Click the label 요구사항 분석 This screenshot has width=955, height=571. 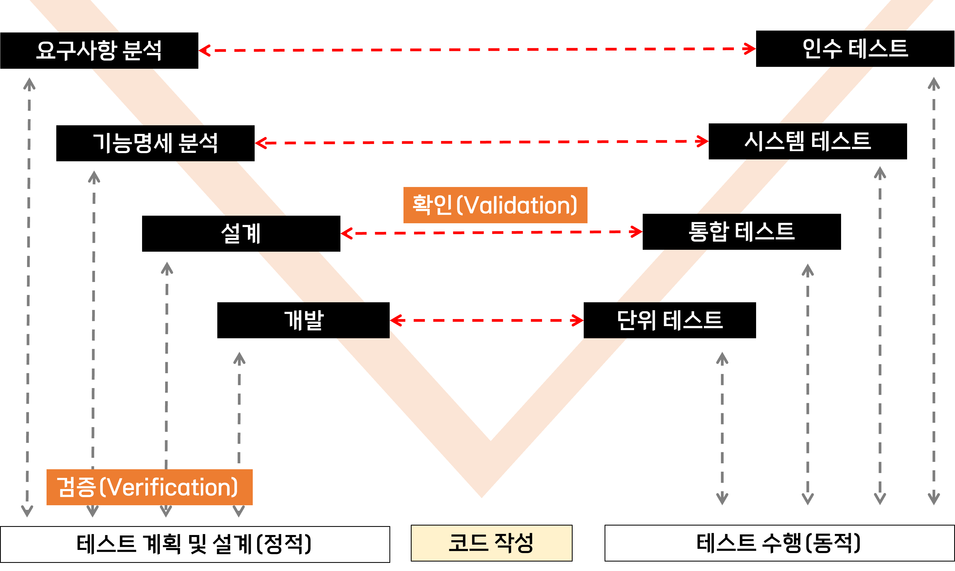(x=99, y=50)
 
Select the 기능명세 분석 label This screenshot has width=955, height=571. (x=155, y=143)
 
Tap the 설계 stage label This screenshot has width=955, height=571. (x=241, y=233)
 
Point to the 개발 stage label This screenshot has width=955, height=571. (x=304, y=320)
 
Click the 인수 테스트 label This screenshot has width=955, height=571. (x=855, y=49)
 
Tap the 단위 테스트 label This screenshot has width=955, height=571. (x=670, y=320)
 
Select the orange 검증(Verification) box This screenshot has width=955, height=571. (x=149, y=487)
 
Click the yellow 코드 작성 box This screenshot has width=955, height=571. (x=491, y=543)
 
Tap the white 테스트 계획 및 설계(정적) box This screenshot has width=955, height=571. (x=195, y=544)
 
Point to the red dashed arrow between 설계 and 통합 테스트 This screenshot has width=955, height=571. (x=491, y=233)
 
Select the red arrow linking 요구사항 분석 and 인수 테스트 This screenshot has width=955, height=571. (x=477, y=50)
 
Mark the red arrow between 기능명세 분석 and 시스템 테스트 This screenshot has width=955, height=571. (x=481, y=142)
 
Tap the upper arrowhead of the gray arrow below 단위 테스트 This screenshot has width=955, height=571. (x=722, y=358)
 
